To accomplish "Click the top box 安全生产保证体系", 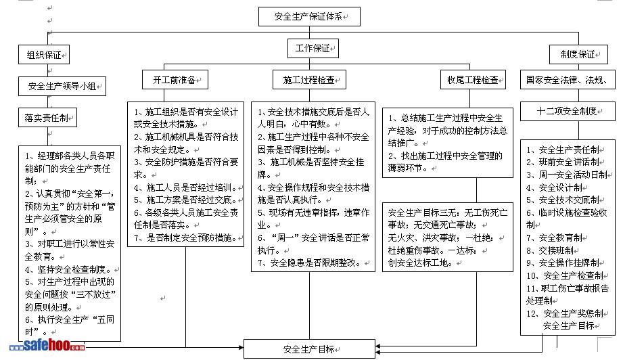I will [308, 16].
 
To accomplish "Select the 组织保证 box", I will [43, 55].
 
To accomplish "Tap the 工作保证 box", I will [313, 49].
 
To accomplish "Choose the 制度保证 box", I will [577, 55].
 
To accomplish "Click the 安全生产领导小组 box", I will [62, 86].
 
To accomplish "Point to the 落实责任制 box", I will [47, 118].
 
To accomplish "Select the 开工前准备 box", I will [173, 80].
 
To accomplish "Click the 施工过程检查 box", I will [308, 80].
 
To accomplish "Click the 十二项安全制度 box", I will [567, 111].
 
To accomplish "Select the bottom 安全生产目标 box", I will [308, 349].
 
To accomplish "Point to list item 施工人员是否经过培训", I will [183, 187].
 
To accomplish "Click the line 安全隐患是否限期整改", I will [308, 263].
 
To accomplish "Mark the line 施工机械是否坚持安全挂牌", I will [313, 162].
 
